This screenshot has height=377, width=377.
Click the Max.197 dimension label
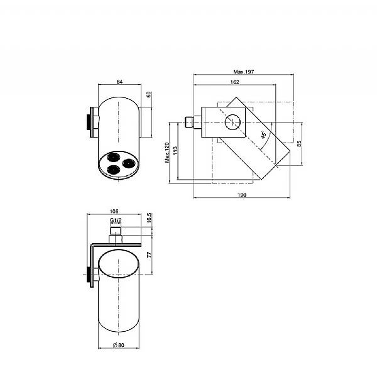tap(243, 72)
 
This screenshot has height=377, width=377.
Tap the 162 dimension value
tap(234, 82)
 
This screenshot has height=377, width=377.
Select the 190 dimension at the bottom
tap(242, 195)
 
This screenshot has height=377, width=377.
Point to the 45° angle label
tap(264, 135)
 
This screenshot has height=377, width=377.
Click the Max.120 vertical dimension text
tap(167, 153)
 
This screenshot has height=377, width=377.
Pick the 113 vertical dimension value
tap(175, 151)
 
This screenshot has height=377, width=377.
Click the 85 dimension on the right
tap(299, 144)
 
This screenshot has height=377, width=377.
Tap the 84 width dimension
tap(119, 82)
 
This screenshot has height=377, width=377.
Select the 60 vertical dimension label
tap(148, 94)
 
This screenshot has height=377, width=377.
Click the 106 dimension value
tap(114, 211)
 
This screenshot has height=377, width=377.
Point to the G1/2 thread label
tap(116, 220)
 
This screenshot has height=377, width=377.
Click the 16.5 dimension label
tap(149, 217)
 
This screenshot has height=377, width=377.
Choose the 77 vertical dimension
tap(150, 255)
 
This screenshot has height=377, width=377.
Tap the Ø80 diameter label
tap(119, 345)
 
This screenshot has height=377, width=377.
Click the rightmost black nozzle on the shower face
tap(129, 163)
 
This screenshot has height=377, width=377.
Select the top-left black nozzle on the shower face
tap(113, 156)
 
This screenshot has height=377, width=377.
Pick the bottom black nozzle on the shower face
tap(114, 170)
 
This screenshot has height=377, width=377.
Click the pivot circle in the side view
tap(232, 122)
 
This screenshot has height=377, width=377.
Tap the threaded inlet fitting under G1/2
tap(116, 231)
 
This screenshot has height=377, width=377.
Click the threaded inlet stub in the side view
tap(189, 122)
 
